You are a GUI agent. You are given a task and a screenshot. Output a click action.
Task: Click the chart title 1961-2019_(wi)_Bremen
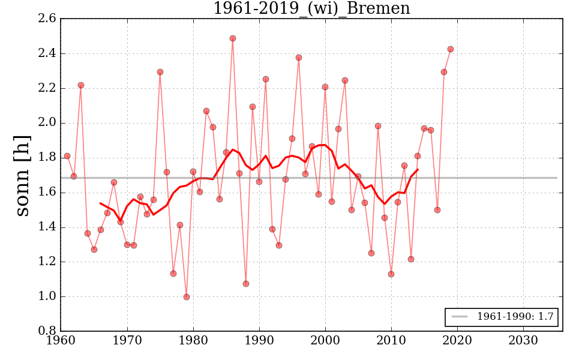pos(311,9)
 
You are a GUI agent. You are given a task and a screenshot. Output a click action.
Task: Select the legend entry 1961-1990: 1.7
pos(502,317)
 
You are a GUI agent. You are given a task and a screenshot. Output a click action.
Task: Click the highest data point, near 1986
pos(233,38)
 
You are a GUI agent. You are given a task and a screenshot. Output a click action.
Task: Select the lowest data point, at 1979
pos(187,297)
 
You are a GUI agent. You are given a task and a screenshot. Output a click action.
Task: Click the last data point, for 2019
pos(451,49)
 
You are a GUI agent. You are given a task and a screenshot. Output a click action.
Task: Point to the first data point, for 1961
pos(67,156)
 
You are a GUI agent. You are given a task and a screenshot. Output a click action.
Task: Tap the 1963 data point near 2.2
pos(81,85)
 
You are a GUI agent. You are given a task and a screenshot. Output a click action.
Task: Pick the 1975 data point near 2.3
pos(160,72)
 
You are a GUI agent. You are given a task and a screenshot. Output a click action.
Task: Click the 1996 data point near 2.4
pos(299,58)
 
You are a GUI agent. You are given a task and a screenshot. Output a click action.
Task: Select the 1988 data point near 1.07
pos(246,284)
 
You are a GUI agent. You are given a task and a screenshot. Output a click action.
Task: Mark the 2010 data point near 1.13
pos(391,274)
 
